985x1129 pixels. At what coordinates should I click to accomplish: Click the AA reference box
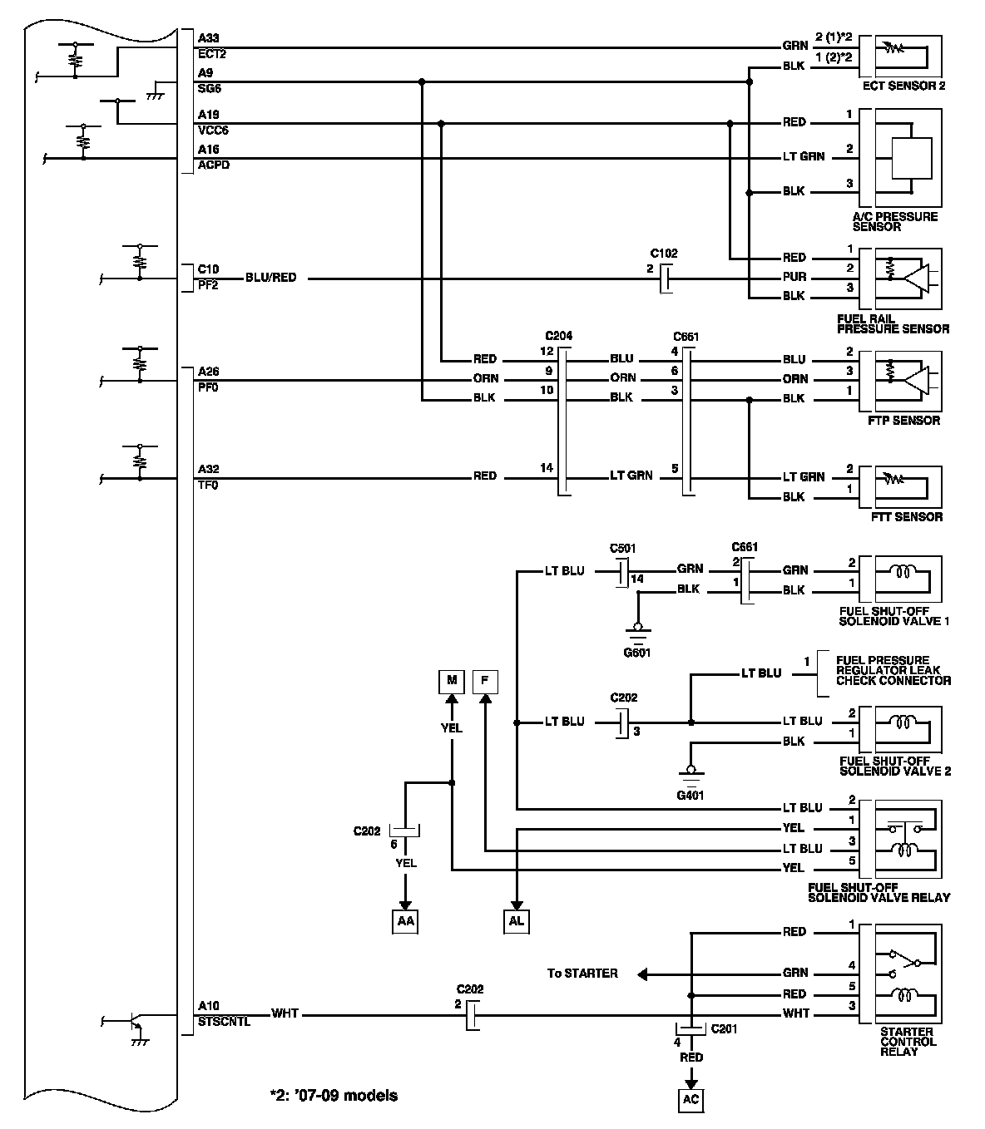click(x=405, y=921)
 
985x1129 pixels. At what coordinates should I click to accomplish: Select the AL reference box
click(x=517, y=921)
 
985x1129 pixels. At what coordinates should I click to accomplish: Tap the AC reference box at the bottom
click(x=690, y=1099)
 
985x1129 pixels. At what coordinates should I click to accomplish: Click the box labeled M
click(x=452, y=682)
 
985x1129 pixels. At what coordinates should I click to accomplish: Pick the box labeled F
click(x=485, y=682)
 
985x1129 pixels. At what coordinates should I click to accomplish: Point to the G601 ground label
click(x=636, y=653)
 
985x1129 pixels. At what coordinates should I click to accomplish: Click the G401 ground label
click(x=690, y=795)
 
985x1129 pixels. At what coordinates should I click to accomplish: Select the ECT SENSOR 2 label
click(x=903, y=86)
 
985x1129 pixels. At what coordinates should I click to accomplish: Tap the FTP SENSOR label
click(x=903, y=421)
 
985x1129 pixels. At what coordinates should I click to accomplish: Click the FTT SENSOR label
click(x=907, y=517)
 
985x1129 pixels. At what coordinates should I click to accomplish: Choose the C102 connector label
click(x=664, y=254)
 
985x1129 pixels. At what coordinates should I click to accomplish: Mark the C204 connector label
click(x=559, y=336)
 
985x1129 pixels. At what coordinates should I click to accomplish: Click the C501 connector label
click(x=623, y=549)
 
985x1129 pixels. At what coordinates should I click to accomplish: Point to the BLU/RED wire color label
click(x=270, y=278)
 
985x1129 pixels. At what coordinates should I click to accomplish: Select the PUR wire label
click(x=794, y=277)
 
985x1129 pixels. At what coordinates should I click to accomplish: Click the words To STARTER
click(x=582, y=974)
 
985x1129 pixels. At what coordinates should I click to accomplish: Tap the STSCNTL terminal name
click(x=224, y=1022)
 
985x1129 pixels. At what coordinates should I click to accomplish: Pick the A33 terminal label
click(x=208, y=38)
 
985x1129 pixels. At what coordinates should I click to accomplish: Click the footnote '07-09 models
click(x=334, y=1096)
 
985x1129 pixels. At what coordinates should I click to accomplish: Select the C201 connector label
click(x=724, y=1028)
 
